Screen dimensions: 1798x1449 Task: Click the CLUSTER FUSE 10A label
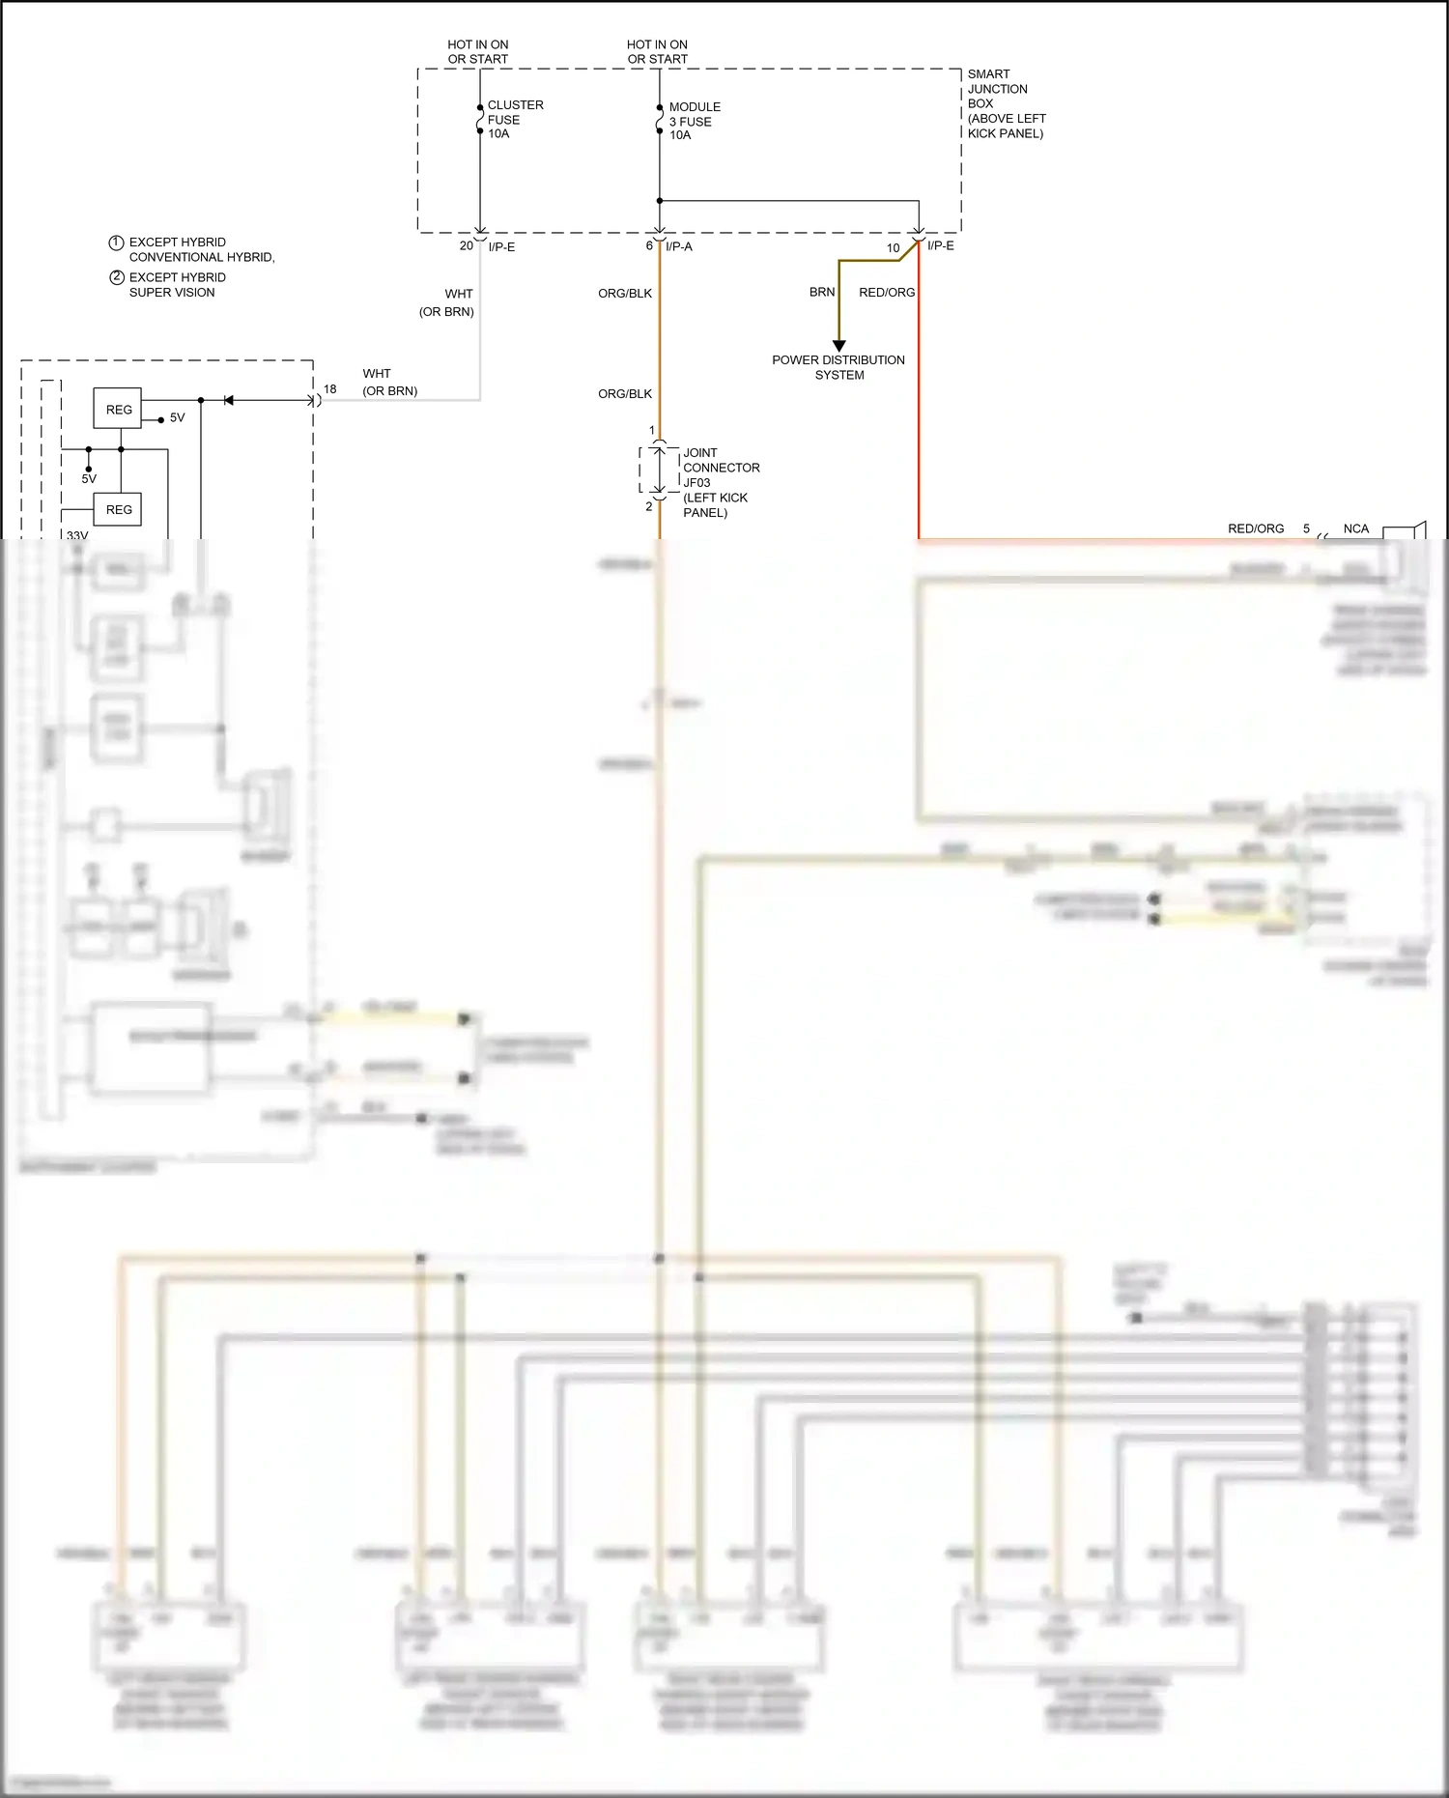(514, 119)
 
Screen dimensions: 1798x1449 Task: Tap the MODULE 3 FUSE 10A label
(694, 121)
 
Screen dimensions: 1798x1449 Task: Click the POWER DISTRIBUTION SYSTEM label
(838, 367)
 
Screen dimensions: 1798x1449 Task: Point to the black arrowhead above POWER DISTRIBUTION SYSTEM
(839, 346)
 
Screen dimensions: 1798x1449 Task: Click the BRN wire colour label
(822, 292)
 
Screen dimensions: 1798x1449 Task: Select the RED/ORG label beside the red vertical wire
(886, 292)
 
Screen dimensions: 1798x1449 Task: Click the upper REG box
(118, 409)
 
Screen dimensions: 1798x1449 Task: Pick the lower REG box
(118, 509)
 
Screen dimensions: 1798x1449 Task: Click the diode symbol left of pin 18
(229, 400)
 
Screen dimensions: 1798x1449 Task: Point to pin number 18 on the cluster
(330, 389)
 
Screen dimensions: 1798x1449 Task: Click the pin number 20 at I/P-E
(467, 245)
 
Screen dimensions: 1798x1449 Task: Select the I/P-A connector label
(679, 246)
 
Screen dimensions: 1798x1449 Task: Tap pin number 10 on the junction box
(894, 248)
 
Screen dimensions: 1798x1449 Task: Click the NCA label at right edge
(1355, 528)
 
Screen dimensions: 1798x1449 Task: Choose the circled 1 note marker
(116, 243)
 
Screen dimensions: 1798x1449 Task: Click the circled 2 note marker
(116, 277)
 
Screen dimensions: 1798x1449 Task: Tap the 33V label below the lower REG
(77, 534)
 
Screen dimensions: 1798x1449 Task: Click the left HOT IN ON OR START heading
(477, 52)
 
